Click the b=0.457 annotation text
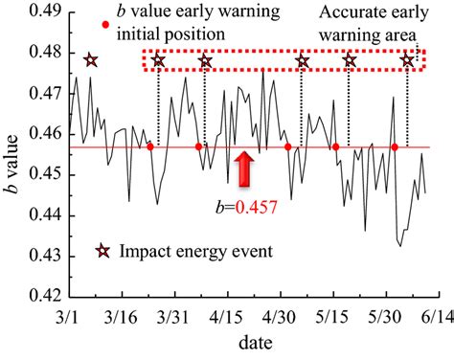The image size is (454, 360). tap(246, 205)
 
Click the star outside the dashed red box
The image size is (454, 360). tap(90, 61)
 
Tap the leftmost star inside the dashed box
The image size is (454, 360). tap(158, 61)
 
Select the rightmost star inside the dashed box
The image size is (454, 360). tap(408, 61)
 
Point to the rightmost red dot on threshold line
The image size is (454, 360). tap(395, 146)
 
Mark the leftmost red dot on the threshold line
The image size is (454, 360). tap(150, 146)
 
